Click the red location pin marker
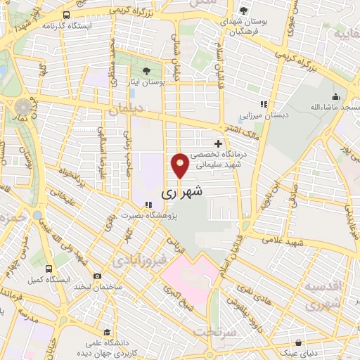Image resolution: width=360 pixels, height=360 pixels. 180,165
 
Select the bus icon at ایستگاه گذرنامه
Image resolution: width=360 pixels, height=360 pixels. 66,15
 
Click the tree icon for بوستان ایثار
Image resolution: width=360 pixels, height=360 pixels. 146,71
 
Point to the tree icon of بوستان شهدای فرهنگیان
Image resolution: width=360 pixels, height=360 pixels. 243,11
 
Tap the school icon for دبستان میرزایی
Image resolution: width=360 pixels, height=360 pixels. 264,104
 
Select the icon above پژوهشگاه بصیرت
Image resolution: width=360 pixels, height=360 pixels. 148,205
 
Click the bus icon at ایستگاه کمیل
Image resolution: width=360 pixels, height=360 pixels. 49,269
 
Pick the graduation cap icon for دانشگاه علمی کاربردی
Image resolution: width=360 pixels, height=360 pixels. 105,332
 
